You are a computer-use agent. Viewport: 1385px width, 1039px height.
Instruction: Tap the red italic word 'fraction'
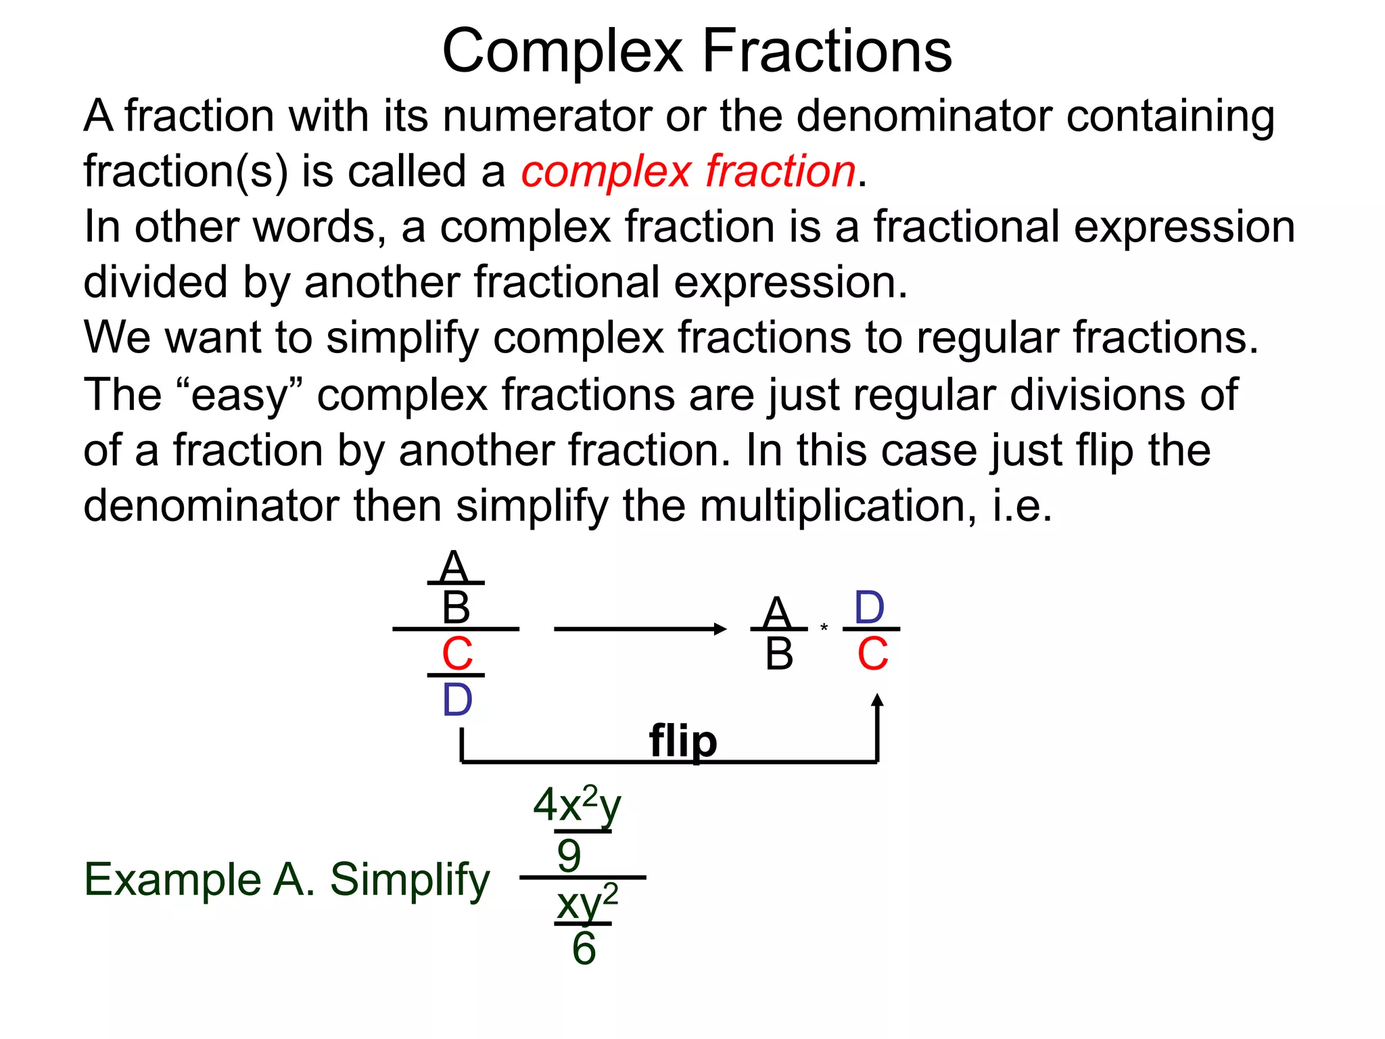point(781,170)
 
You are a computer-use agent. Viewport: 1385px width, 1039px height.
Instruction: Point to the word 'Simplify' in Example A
point(410,881)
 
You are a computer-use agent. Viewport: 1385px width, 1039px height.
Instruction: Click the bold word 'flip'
point(683,741)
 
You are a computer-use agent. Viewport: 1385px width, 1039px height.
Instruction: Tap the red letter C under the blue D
point(872,654)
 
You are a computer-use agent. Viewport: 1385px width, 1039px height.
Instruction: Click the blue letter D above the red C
point(870,607)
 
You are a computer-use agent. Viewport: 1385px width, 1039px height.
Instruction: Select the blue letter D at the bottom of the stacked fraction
point(457,700)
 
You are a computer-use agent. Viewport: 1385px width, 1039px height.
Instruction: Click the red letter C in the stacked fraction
point(457,654)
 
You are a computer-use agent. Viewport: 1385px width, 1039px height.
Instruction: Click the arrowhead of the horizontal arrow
point(720,629)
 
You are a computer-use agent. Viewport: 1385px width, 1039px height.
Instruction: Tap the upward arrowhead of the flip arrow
point(877,701)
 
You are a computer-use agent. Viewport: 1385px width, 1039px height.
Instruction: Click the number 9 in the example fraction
point(569,856)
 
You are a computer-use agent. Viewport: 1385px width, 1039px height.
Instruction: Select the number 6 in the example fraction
point(584,948)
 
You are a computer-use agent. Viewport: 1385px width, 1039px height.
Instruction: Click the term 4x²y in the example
point(577,805)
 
